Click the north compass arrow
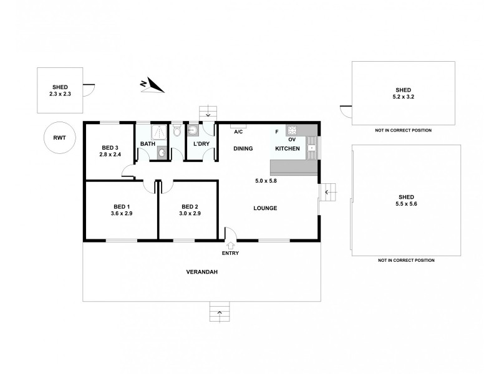pyautogui.click(x=152, y=85)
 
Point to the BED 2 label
pyautogui.click(x=190, y=207)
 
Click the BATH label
pyautogui.click(x=147, y=145)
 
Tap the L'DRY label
pyautogui.click(x=201, y=145)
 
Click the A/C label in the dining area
pyautogui.click(x=238, y=132)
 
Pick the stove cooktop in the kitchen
pyautogui.click(x=292, y=130)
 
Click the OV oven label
pyautogui.click(x=291, y=140)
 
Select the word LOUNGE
pyautogui.click(x=265, y=208)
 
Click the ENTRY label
pyautogui.click(x=230, y=253)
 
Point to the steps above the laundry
pyautogui.click(x=208, y=112)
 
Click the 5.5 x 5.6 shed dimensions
pyautogui.click(x=407, y=204)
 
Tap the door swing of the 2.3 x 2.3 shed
pyautogui.click(x=89, y=89)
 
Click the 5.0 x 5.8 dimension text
pyautogui.click(x=265, y=181)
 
